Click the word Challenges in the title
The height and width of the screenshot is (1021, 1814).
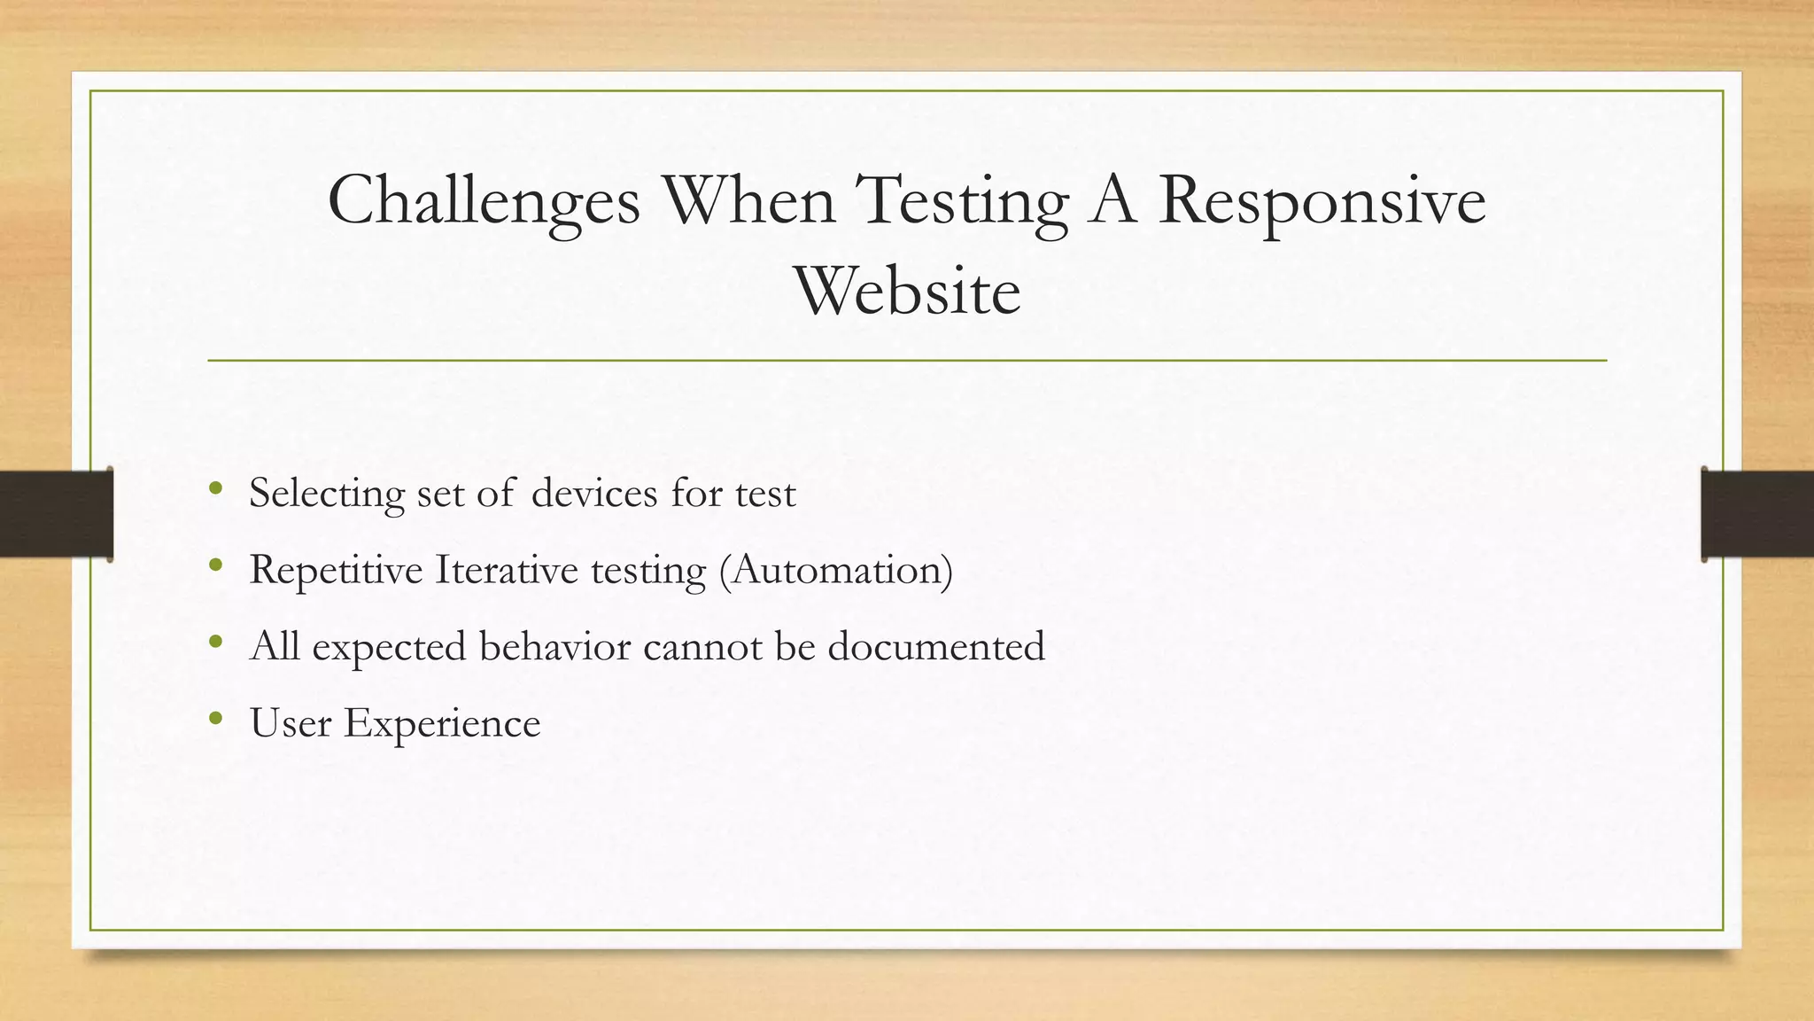[484, 202]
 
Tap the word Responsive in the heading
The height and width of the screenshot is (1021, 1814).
[1322, 202]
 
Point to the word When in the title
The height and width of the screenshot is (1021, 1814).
[748, 200]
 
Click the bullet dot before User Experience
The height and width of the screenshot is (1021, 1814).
[215, 718]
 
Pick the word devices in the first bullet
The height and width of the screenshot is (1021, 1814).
[594, 493]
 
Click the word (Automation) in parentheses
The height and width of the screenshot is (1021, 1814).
[835, 570]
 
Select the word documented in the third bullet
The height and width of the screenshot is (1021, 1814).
[936, 646]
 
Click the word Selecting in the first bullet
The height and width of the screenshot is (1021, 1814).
[326, 493]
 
